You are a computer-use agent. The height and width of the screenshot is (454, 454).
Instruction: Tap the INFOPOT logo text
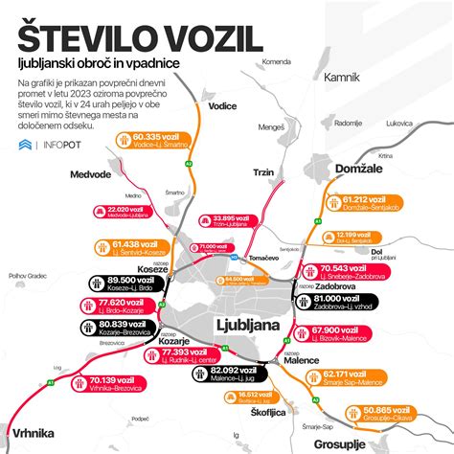65,146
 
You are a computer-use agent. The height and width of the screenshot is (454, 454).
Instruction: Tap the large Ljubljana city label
248,327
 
